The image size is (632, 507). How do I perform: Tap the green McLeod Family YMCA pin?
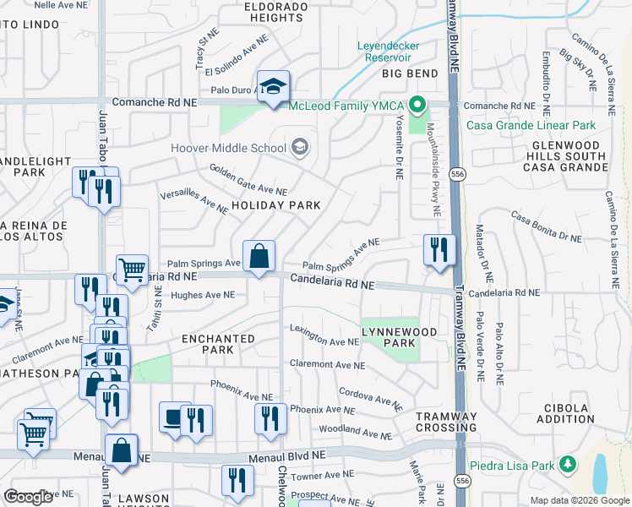pyautogui.click(x=416, y=106)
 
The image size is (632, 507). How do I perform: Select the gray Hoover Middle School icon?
pyautogui.click(x=298, y=148)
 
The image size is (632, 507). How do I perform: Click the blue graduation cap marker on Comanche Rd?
pyautogui.click(x=273, y=86)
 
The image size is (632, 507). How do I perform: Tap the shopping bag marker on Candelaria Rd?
pyautogui.click(x=259, y=255)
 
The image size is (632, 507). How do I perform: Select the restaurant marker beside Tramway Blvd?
pyautogui.click(x=439, y=249)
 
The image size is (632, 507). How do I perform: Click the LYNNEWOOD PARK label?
pyautogui.click(x=389, y=337)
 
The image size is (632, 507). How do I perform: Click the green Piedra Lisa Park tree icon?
pyautogui.click(x=569, y=463)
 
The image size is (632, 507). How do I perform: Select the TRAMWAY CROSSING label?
pyautogui.click(x=446, y=422)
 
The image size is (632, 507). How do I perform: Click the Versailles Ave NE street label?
pyautogui.click(x=194, y=201)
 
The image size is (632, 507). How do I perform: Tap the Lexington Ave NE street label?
pyautogui.click(x=324, y=335)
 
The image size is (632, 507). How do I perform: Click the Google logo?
pyautogui.click(x=28, y=497)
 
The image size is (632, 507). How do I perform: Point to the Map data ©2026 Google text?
pyautogui.click(x=579, y=499)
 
